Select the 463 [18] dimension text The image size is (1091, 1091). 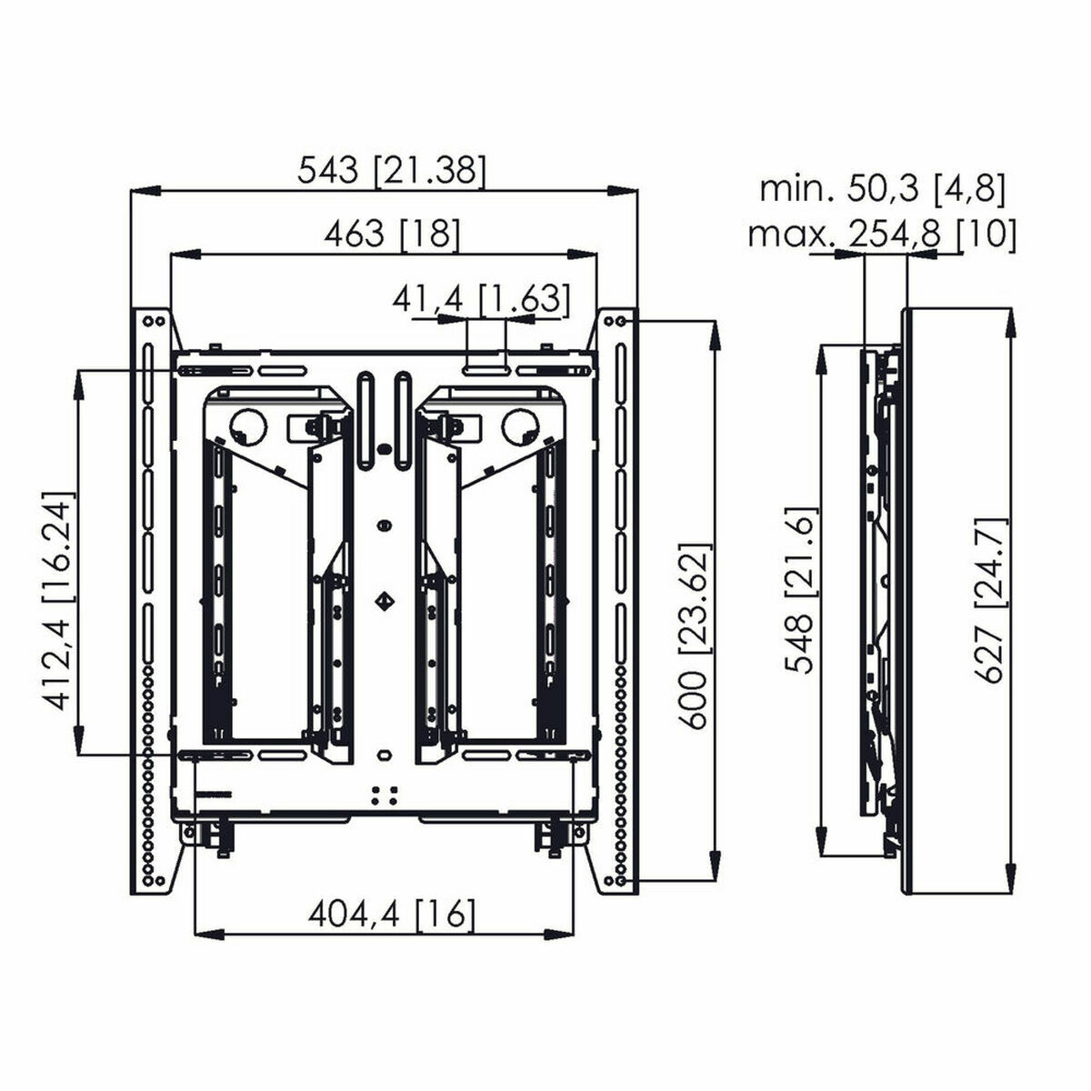[393, 235]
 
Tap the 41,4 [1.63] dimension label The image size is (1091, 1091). [482, 298]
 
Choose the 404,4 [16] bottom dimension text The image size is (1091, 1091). [392, 913]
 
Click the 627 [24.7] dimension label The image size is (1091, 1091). [990, 600]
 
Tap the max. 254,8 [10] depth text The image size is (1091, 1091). [881, 235]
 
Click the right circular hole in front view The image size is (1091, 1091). [518, 424]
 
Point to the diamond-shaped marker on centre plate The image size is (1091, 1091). [385, 599]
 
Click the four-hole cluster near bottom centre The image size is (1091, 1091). [385, 794]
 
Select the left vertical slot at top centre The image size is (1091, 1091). [365, 406]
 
